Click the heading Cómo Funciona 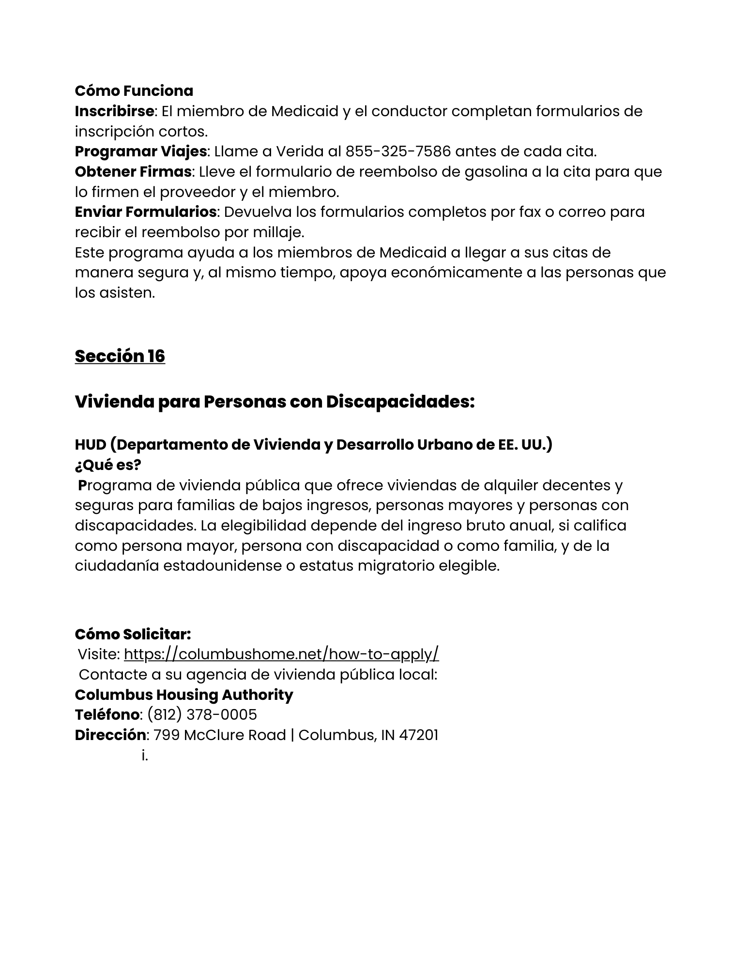(134, 91)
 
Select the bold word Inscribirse (114, 111)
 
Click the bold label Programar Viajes (140, 151)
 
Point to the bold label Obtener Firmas (133, 172)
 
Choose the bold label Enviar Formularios (145, 212)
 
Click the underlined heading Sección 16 (120, 356)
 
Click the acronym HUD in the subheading (90, 444)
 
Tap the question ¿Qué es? (107, 465)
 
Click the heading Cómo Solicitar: (133, 634)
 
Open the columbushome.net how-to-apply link (281, 654)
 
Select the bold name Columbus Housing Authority (184, 695)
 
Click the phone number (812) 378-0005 (202, 715)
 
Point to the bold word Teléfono (107, 715)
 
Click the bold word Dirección (110, 735)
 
